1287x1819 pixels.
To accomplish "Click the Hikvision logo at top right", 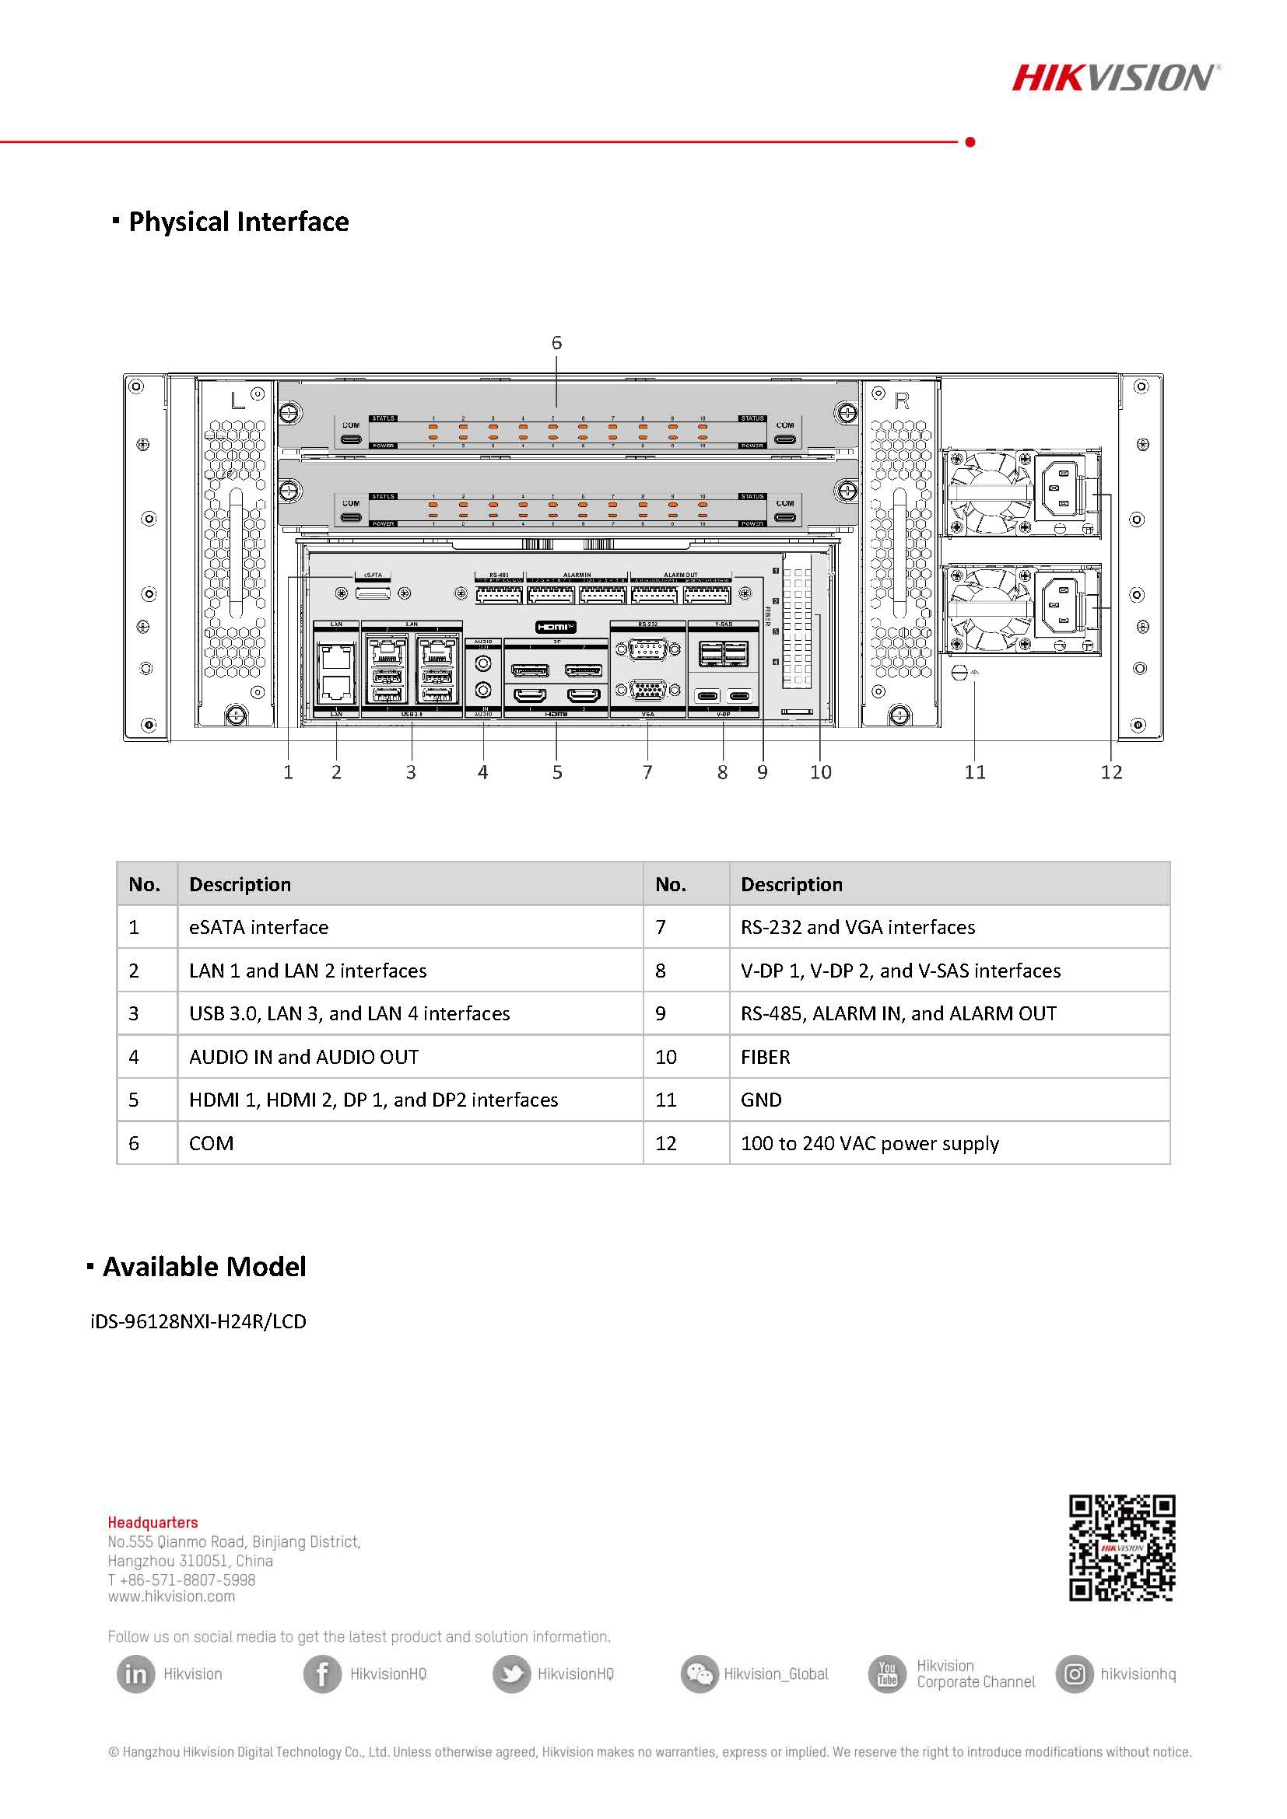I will pos(1114,78).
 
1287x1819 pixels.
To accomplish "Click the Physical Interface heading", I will pos(238,222).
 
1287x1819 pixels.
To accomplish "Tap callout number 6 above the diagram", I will pos(556,343).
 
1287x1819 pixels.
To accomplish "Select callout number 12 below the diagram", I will pos(1111,772).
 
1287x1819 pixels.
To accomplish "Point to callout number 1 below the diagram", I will pos(289,772).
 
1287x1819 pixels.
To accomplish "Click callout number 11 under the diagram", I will pos(975,772).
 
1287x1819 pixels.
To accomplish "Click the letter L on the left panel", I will pos(237,401).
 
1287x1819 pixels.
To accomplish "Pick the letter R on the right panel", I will pos(902,401).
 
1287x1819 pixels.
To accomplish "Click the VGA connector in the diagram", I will pos(647,690).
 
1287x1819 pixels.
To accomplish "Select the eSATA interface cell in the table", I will pos(258,927).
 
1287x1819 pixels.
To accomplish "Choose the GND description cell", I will pos(761,1100).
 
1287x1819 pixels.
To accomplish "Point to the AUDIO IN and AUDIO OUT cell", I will pos(303,1057).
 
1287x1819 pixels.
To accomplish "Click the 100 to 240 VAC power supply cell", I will pos(869,1143).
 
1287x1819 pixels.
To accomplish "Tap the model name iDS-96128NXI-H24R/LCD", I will pos(198,1321).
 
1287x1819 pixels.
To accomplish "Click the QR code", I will pos(1121,1548).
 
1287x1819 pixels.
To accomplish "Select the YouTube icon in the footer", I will pos(887,1674).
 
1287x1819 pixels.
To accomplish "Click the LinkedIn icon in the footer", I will pos(135,1674).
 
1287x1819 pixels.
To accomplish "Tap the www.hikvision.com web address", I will pos(171,1597).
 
